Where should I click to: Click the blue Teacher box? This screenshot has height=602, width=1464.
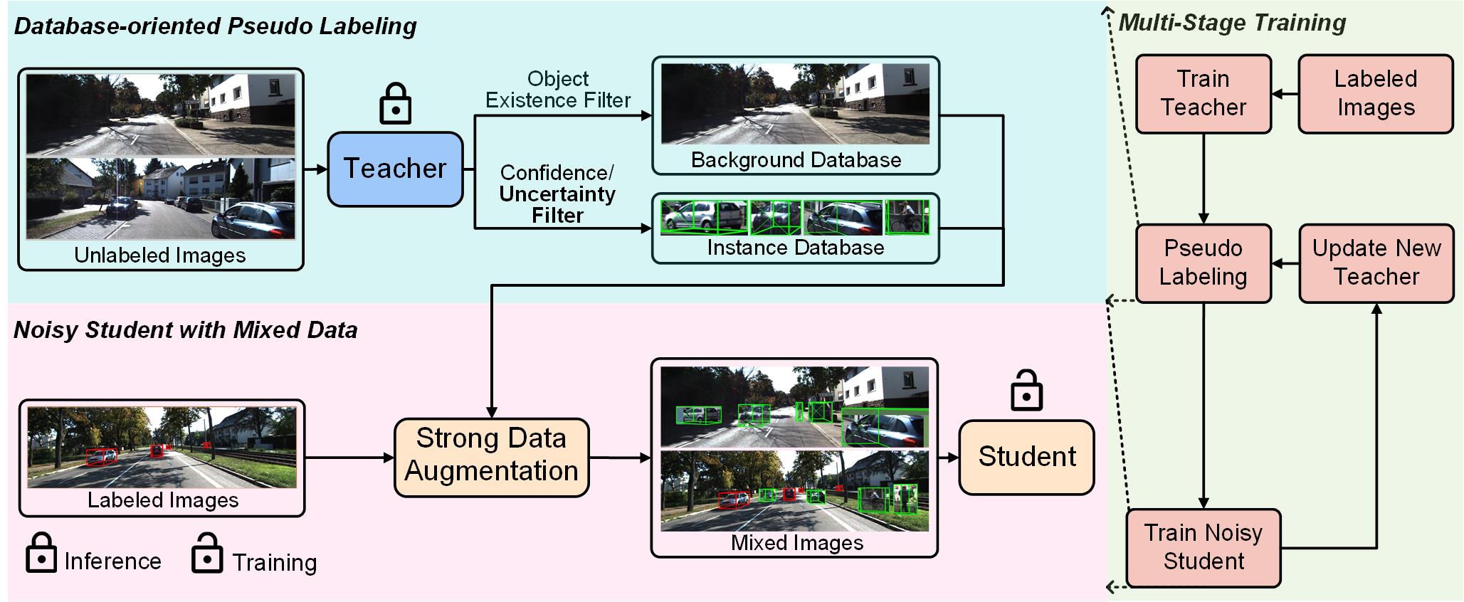point(395,169)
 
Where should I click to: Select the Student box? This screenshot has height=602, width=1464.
point(1026,457)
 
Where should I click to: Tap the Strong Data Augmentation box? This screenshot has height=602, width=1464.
point(491,455)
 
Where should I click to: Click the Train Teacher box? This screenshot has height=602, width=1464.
point(1203,93)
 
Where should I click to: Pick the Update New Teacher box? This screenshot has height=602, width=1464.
point(1376,263)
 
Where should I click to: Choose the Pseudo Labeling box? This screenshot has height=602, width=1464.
point(1203,263)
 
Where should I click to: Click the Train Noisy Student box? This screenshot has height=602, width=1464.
point(1203,547)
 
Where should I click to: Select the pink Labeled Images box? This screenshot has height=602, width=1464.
point(1375,93)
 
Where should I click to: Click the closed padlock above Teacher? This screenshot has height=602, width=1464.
point(395,104)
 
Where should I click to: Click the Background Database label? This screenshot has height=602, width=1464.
point(796,160)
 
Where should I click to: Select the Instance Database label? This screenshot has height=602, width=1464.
point(795,248)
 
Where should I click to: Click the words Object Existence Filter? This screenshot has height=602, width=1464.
point(558,90)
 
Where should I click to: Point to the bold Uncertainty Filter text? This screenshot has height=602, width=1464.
point(557,205)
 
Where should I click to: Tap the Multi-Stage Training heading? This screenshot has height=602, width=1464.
point(1232,23)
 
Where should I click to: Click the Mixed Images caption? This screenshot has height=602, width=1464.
point(796,543)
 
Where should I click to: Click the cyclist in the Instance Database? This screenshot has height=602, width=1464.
point(906,217)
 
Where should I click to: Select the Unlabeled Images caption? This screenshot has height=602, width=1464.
point(159,255)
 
